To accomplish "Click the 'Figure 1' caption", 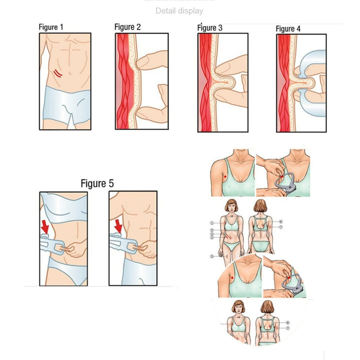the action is [50, 27].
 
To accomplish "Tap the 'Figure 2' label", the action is [127, 27].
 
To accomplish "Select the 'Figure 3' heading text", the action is [210, 28].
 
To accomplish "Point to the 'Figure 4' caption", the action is [288, 29].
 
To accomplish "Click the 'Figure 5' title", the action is [97, 183].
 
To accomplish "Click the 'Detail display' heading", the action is [179, 11].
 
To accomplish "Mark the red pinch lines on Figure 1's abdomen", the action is [58, 73].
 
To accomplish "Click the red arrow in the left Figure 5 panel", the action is [45, 227].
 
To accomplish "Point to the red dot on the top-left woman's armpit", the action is [225, 176].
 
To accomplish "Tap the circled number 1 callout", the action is [212, 223].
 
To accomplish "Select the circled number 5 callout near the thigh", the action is [212, 256].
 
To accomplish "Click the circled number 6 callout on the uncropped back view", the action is [281, 221].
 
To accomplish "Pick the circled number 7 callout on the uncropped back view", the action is [281, 227].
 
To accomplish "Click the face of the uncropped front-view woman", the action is [231, 208].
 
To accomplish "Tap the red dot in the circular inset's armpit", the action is [232, 278].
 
